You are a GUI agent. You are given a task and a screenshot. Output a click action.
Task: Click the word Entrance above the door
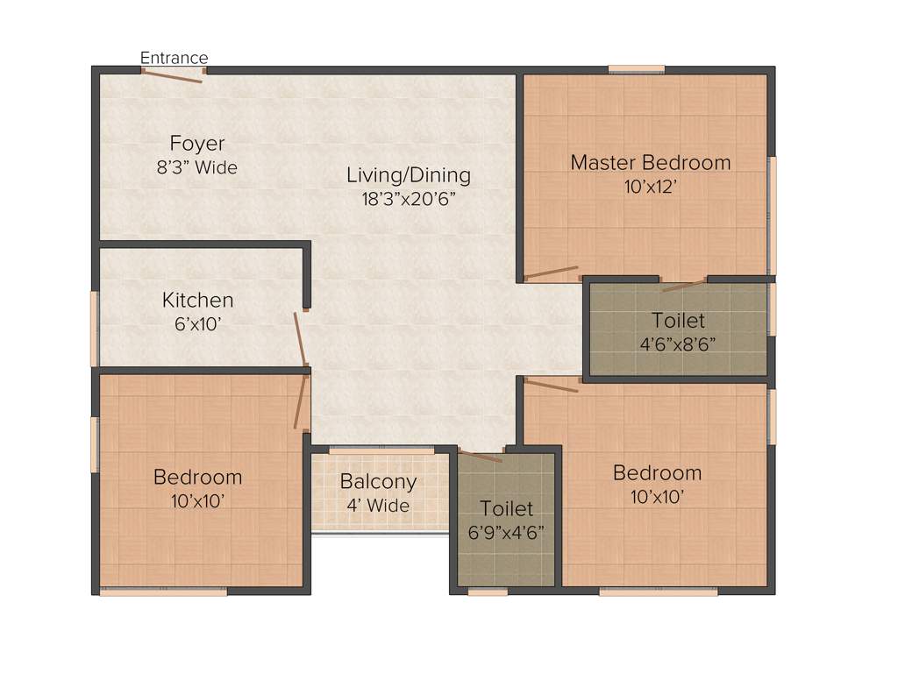click(174, 58)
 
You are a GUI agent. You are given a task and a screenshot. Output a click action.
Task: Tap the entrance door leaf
click(172, 75)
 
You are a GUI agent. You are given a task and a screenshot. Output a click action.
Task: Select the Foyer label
click(197, 144)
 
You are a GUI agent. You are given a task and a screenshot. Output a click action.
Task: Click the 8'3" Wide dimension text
click(197, 167)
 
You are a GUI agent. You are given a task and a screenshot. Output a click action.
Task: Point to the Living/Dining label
click(408, 174)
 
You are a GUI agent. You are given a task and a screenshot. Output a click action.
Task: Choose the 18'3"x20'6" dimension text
click(408, 198)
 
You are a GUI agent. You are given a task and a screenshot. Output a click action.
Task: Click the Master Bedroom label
click(650, 162)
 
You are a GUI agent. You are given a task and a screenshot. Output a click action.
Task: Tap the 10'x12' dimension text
click(650, 186)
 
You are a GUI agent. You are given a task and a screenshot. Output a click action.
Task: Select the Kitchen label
click(197, 300)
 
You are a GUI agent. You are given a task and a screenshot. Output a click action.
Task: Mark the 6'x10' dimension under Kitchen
click(197, 323)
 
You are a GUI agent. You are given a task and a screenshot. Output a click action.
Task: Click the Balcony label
click(378, 481)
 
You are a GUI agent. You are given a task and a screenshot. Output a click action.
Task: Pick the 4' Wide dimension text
click(378, 505)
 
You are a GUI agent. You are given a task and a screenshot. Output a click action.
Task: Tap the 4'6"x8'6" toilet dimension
click(678, 344)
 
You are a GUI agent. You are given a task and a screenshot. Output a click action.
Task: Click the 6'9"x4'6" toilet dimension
click(506, 532)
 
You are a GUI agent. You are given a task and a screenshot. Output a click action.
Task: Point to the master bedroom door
click(551, 273)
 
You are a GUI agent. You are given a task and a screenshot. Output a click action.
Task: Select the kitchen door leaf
click(300, 338)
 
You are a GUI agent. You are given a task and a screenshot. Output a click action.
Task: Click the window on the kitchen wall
click(94, 329)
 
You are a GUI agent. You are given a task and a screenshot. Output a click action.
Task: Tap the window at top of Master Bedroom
click(636, 68)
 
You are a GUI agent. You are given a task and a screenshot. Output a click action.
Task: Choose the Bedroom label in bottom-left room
click(197, 477)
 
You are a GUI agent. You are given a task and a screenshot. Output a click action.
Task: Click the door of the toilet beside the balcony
click(481, 456)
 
